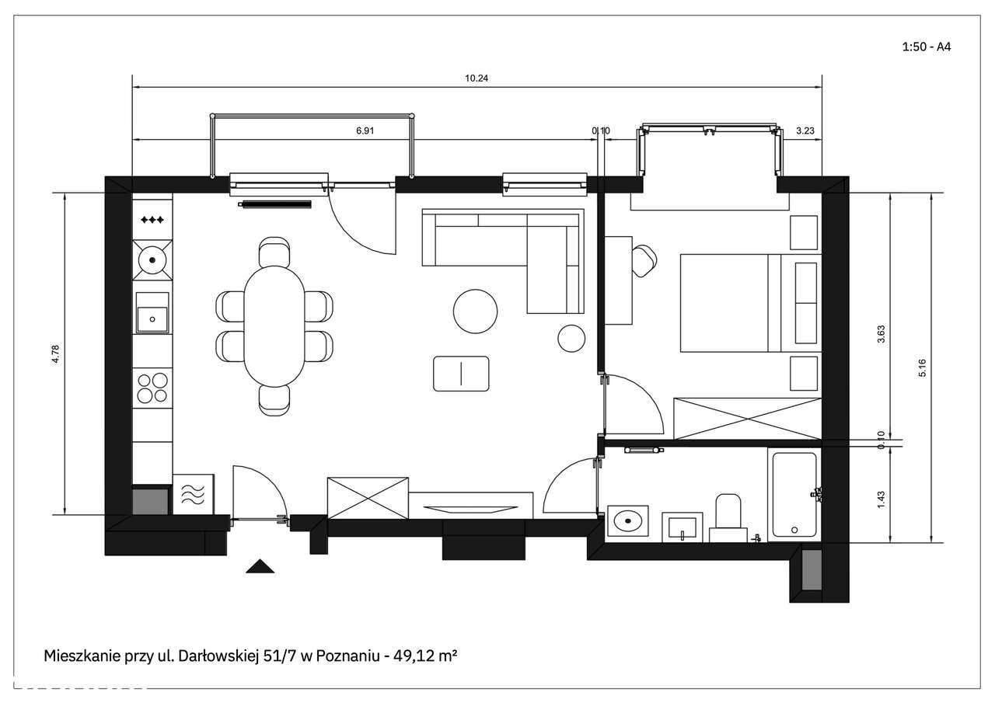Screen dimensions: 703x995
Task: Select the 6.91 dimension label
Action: point(365,131)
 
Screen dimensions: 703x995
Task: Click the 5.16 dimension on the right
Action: point(923,368)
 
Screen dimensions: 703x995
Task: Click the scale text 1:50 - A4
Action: point(926,47)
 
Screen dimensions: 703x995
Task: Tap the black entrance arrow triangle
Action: point(260,566)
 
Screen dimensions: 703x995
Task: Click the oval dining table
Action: point(274,325)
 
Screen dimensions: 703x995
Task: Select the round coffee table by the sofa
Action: point(475,311)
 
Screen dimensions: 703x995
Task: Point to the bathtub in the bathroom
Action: point(793,495)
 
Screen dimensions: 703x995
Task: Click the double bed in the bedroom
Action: point(731,302)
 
